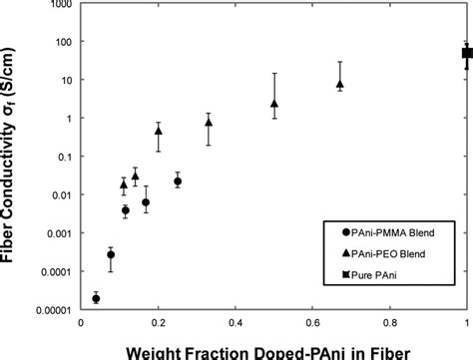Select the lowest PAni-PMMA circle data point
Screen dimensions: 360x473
(96, 297)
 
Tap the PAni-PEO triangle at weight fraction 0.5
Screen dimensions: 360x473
(274, 103)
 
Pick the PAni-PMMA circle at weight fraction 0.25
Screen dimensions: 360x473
(178, 180)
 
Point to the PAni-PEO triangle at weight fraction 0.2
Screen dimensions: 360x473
(159, 131)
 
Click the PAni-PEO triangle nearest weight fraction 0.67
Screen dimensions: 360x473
(340, 85)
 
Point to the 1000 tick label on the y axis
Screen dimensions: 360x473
(57, 5)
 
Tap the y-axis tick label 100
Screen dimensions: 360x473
(60, 43)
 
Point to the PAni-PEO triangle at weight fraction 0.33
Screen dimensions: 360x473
(209, 122)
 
